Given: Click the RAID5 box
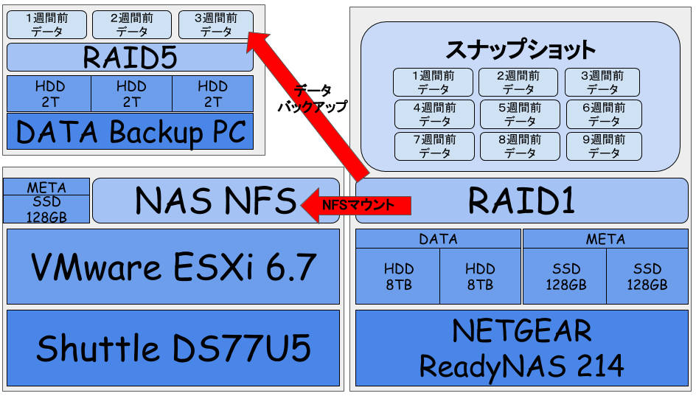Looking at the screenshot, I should tap(130, 58).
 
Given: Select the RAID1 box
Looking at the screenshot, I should tap(522, 200).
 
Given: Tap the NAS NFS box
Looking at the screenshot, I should tap(215, 200).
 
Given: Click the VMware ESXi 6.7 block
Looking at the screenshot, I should tap(173, 266).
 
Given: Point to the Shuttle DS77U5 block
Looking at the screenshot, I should tap(173, 348).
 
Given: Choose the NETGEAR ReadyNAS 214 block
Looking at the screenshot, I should tap(522, 348).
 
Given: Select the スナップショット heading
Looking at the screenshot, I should tap(521, 49).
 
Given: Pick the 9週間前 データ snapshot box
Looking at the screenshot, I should tap(604, 146).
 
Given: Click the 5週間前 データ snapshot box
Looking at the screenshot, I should tap(518, 114).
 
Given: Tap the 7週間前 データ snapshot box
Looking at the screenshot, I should tap(432, 146).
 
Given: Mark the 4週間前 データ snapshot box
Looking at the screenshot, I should tap(432, 114).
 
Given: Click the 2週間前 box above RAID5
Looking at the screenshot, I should tap(132, 24).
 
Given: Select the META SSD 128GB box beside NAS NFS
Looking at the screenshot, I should tap(46, 200).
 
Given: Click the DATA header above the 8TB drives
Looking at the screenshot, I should tap(438, 239).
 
